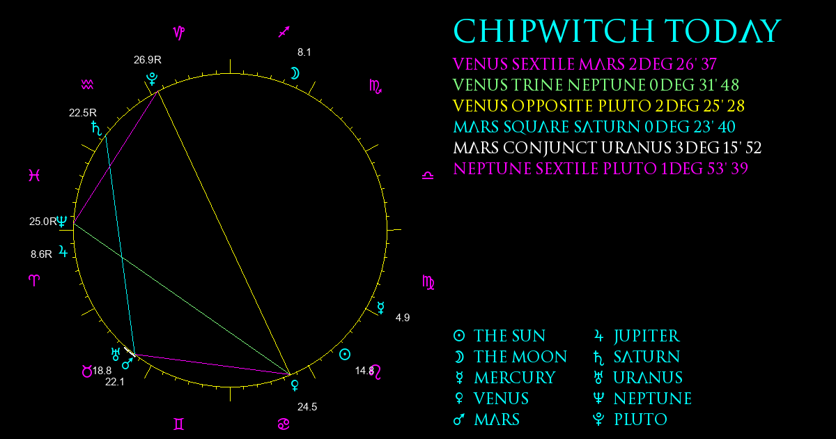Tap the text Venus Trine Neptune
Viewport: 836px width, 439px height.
[x=596, y=86]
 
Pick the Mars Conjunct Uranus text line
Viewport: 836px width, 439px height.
[x=607, y=148]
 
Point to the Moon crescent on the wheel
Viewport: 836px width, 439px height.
[x=295, y=73]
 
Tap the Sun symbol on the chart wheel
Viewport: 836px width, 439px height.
[x=344, y=355]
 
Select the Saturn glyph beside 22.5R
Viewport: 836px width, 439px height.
[x=96, y=128]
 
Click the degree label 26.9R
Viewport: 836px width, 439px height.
[x=148, y=60]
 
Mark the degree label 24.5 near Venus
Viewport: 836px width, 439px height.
[x=307, y=407]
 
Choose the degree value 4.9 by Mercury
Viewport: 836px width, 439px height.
[x=403, y=318]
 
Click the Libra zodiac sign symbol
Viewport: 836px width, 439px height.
[x=428, y=176]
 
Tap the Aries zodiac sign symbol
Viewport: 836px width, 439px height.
[x=34, y=280]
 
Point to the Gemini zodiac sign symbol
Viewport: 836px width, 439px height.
[x=179, y=424]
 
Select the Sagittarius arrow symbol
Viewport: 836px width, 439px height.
[x=284, y=32]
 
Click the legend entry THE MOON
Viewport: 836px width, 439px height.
[x=520, y=357]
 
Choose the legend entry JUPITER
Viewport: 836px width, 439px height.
[x=646, y=336]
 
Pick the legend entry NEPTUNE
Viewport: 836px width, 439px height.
[x=652, y=399]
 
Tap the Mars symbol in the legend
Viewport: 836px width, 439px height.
[x=458, y=419]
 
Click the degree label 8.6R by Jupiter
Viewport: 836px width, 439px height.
[x=41, y=254]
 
